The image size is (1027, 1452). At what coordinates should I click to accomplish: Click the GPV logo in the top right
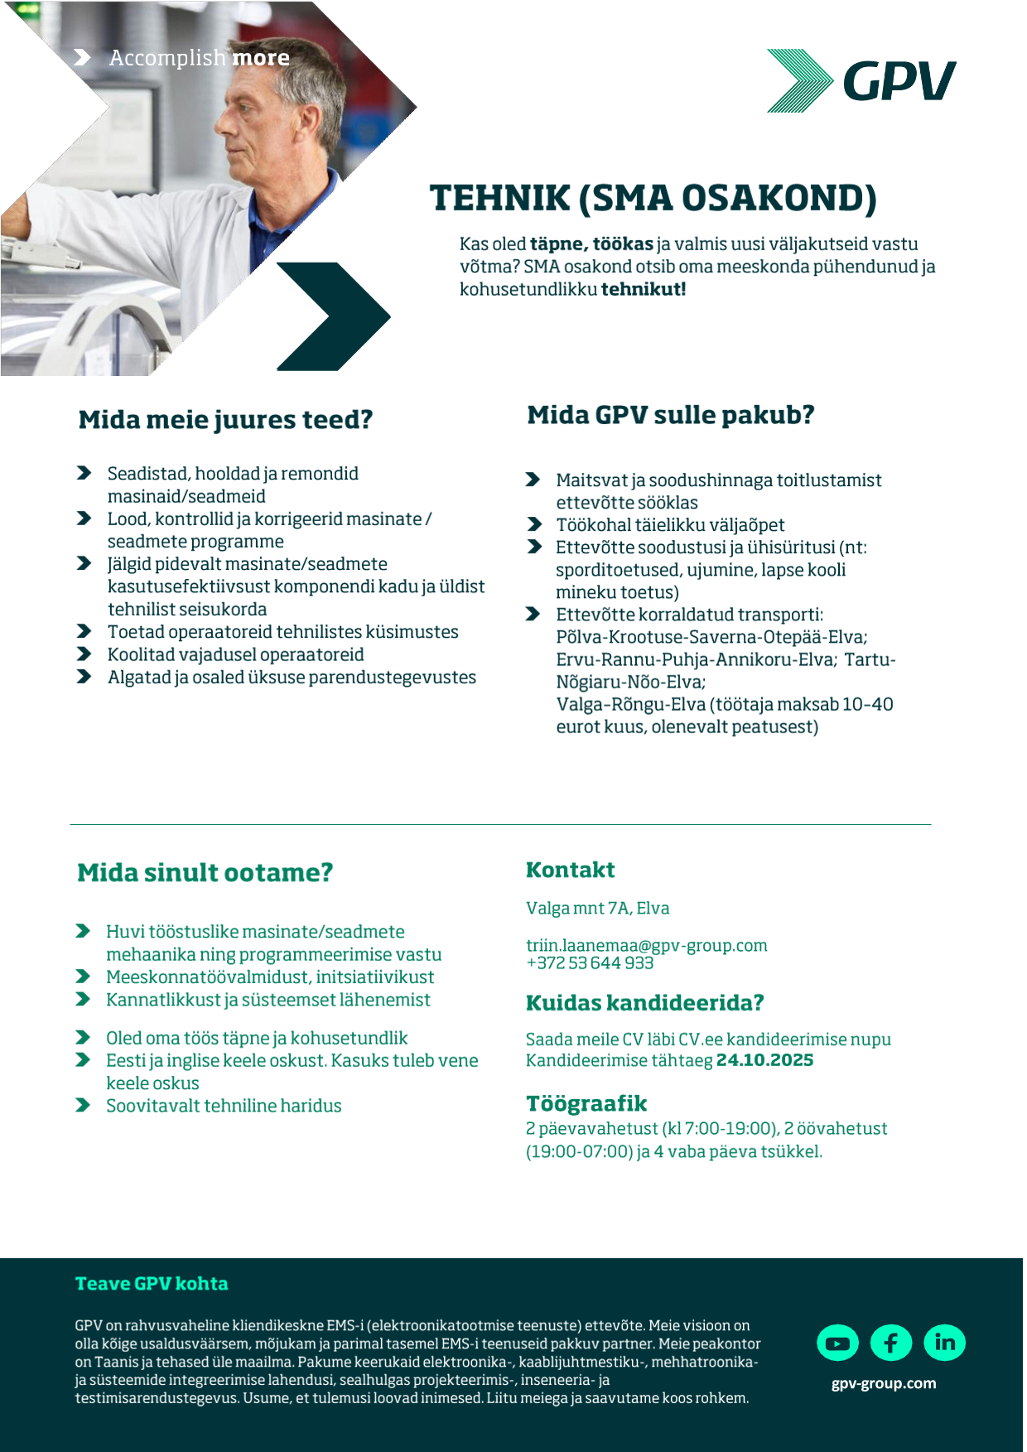(x=861, y=80)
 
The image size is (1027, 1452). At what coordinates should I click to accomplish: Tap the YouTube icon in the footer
(x=837, y=1343)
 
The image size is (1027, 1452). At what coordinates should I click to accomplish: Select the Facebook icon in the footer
(x=891, y=1343)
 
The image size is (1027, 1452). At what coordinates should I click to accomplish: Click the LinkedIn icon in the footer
(x=945, y=1343)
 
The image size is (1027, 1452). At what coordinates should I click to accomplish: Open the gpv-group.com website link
(x=884, y=1383)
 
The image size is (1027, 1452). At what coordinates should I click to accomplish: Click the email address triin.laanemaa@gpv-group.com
(x=646, y=945)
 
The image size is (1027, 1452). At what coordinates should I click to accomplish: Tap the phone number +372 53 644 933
(x=590, y=963)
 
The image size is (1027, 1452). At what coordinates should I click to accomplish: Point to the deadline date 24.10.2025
(x=764, y=1060)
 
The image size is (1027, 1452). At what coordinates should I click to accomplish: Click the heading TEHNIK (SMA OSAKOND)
(x=653, y=198)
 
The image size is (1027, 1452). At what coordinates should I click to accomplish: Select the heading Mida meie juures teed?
(x=225, y=420)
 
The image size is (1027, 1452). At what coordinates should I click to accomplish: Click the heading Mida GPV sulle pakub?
(x=671, y=415)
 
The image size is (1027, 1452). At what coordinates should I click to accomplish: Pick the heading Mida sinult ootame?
(x=205, y=873)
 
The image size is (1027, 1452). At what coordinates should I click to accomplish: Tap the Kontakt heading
(x=571, y=870)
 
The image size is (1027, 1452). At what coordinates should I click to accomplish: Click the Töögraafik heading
(x=586, y=1103)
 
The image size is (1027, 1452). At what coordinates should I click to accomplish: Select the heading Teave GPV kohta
(x=152, y=1284)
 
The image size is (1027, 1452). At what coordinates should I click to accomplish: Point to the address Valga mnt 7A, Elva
(x=597, y=908)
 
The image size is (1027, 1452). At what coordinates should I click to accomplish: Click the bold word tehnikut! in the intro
(x=644, y=289)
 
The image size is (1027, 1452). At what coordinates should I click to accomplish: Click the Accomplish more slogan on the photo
(x=199, y=58)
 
